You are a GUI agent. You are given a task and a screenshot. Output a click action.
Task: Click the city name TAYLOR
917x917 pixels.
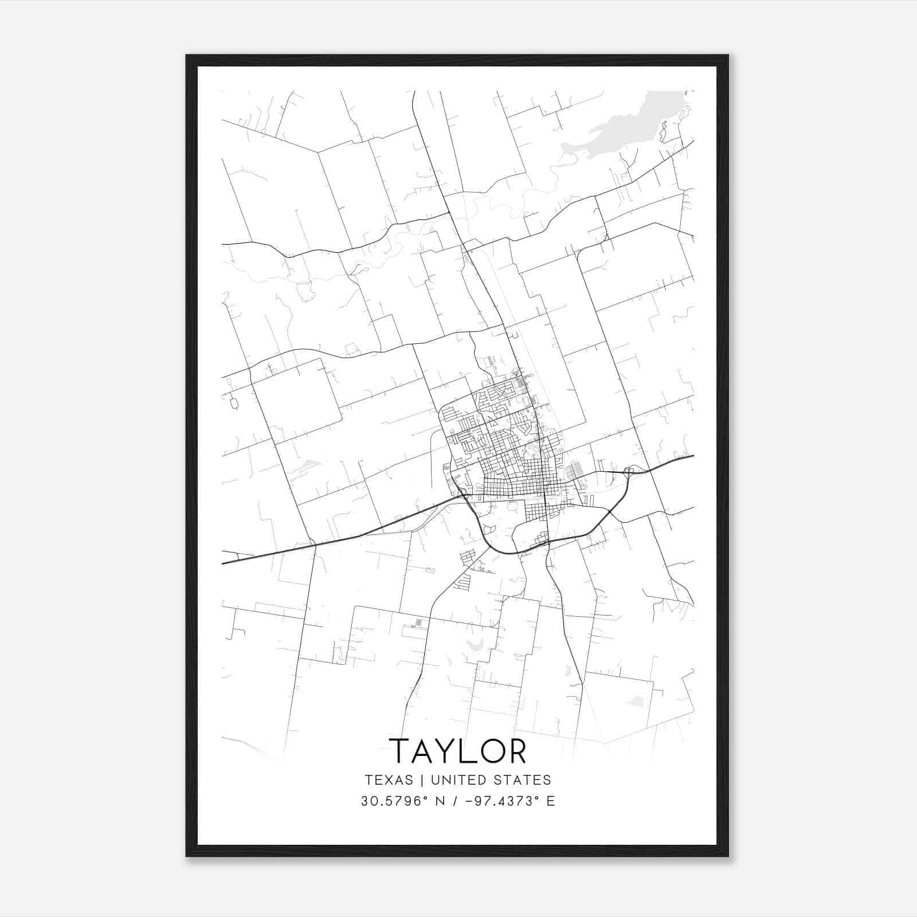tap(457, 751)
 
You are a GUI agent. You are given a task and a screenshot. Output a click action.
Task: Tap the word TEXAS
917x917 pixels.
tap(389, 780)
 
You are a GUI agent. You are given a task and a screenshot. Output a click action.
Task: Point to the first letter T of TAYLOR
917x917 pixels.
tap(400, 751)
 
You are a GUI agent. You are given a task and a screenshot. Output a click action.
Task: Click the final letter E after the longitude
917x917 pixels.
tap(551, 801)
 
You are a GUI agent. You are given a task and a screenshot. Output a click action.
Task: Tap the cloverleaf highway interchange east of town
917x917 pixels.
tap(629, 472)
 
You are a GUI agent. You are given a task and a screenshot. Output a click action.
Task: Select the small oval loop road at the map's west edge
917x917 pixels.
tap(233, 402)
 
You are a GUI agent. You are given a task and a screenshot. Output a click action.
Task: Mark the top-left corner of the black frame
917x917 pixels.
tap(187, 56)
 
